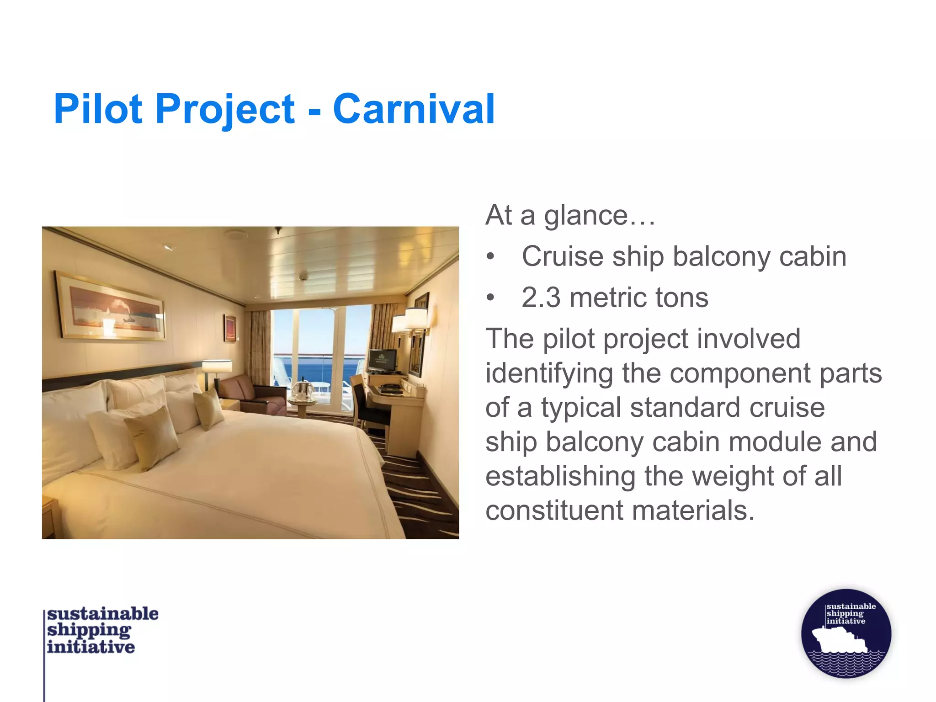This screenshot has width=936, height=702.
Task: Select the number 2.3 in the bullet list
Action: pyautogui.click(x=541, y=298)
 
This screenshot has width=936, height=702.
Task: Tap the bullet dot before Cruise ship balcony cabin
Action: pyautogui.click(x=490, y=257)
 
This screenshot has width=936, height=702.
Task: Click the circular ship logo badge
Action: pyautogui.click(x=846, y=633)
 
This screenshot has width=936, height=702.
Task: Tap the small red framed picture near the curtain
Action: pyautogui.click(x=230, y=328)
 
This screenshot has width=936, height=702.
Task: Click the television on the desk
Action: pyautogui.click(x=382, y=361)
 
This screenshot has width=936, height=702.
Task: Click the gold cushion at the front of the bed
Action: pyautogui.click(x=152, y=438)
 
